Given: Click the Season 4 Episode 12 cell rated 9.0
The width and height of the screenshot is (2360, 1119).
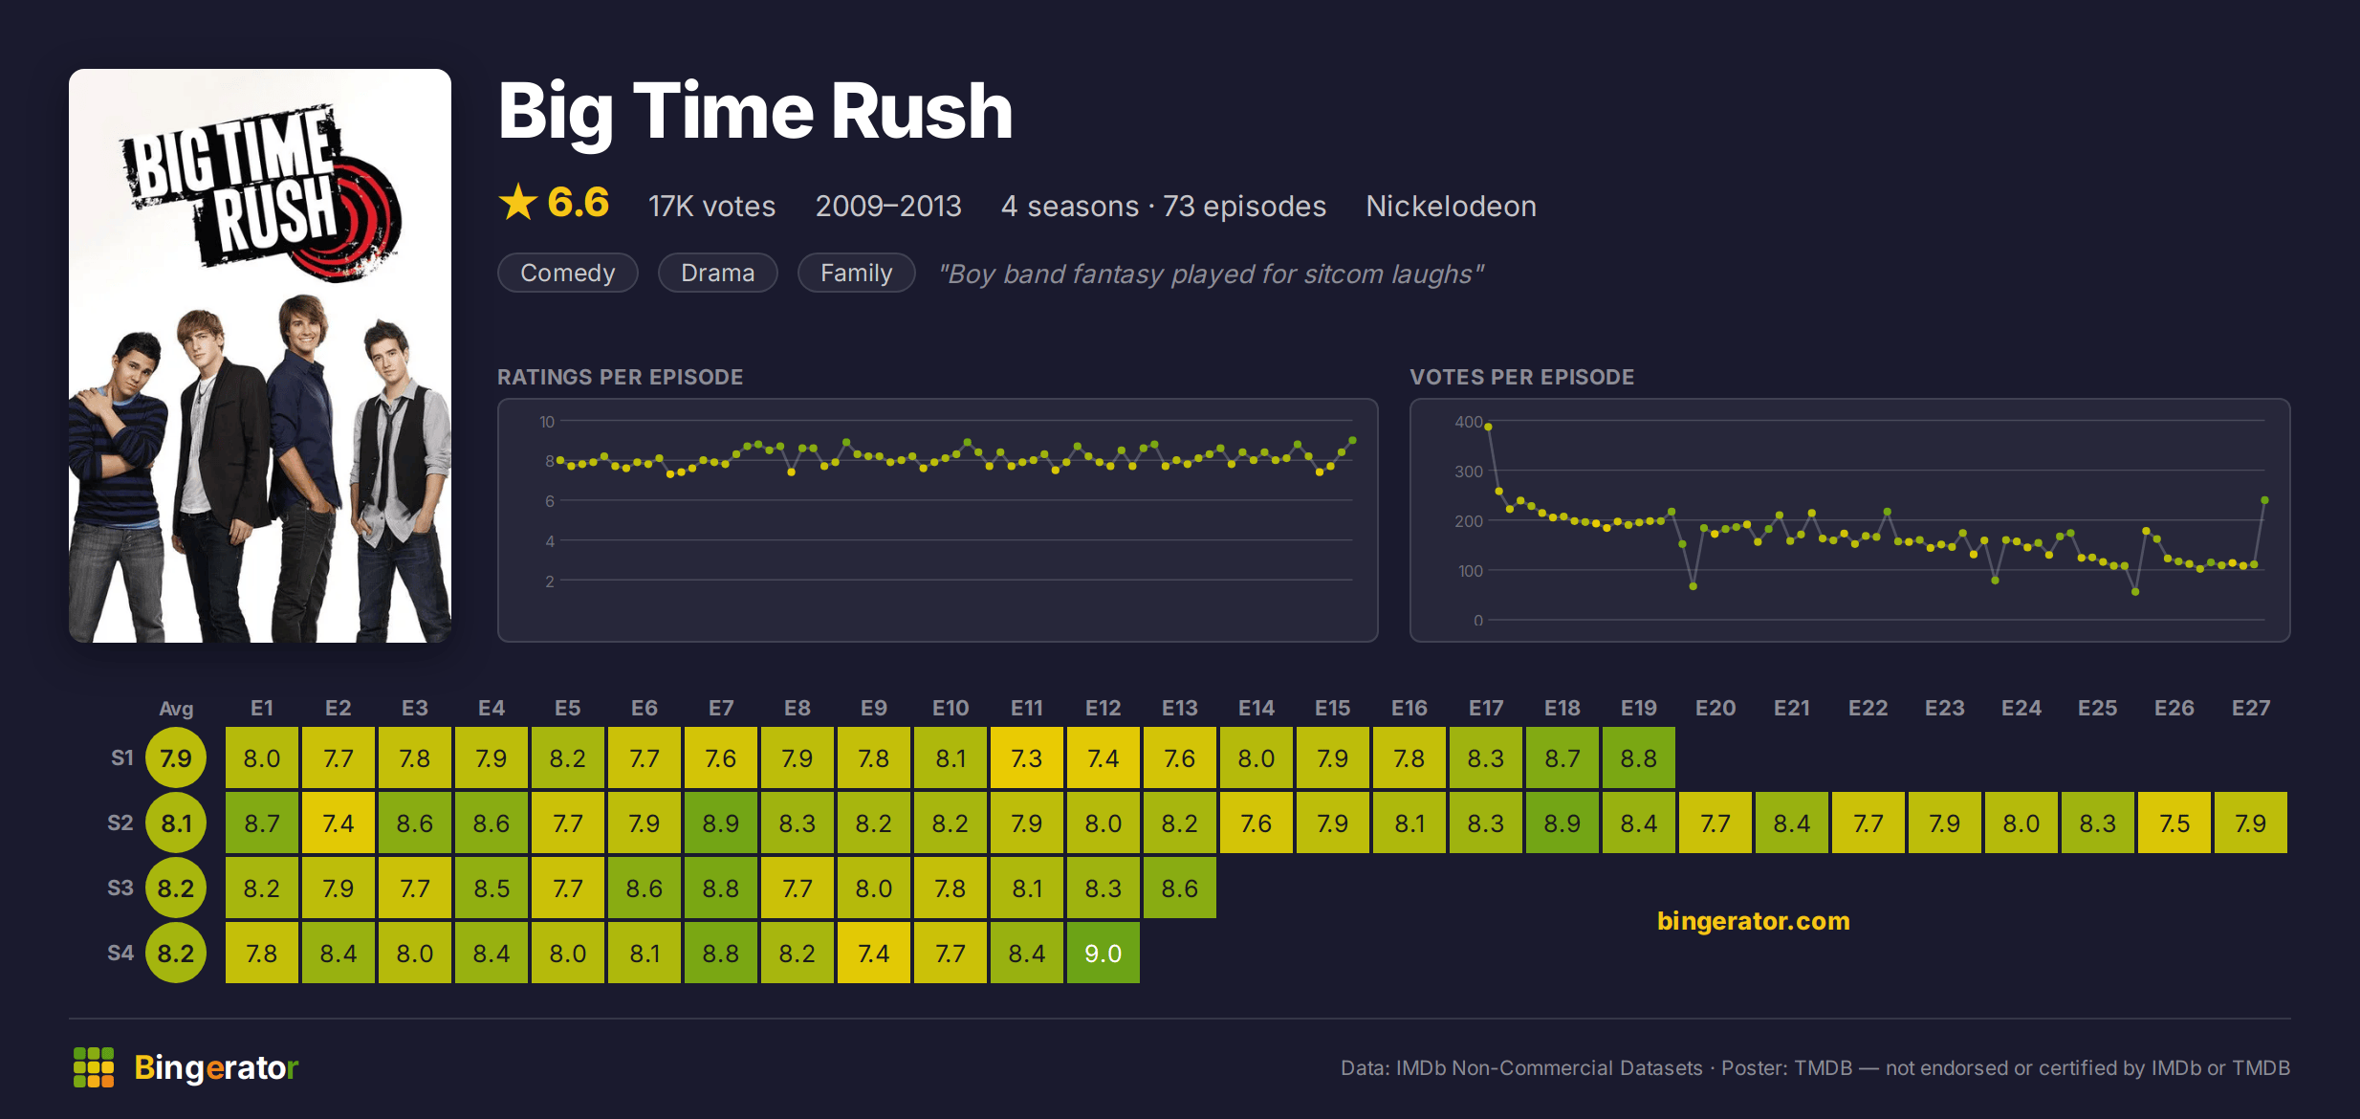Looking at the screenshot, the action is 1103,953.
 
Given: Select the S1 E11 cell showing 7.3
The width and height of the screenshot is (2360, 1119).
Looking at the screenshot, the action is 1026,757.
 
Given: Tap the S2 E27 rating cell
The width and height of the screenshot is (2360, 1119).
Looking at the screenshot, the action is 2250,823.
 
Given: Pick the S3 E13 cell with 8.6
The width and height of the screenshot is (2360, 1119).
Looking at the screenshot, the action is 1179,888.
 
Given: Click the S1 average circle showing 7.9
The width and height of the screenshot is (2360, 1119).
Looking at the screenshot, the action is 176,757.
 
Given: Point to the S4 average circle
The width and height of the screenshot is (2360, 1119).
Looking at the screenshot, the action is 176,953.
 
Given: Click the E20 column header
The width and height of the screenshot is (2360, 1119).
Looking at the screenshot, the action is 1715,708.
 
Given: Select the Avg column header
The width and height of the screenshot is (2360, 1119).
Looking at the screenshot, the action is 176,709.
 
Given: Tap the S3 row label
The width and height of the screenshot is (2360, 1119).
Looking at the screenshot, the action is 120,888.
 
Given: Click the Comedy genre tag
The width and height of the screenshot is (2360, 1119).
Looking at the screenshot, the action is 568,273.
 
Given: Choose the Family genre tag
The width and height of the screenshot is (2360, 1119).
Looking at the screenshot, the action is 856,273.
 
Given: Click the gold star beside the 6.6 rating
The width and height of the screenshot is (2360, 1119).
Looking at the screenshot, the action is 518,202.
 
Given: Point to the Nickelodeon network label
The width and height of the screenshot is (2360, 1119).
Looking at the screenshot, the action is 1451,206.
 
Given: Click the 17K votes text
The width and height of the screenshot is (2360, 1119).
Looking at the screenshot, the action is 711,206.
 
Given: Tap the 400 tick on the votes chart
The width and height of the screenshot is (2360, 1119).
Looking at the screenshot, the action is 1469,422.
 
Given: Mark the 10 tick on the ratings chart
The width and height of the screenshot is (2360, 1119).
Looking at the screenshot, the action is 547,422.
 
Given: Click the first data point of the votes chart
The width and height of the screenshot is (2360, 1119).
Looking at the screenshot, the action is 1488,427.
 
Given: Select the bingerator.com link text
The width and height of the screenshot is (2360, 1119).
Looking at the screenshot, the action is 1753,920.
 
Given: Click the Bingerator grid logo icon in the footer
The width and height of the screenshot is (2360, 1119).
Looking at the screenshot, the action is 94,1067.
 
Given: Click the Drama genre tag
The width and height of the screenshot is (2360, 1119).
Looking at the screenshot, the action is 718,273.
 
